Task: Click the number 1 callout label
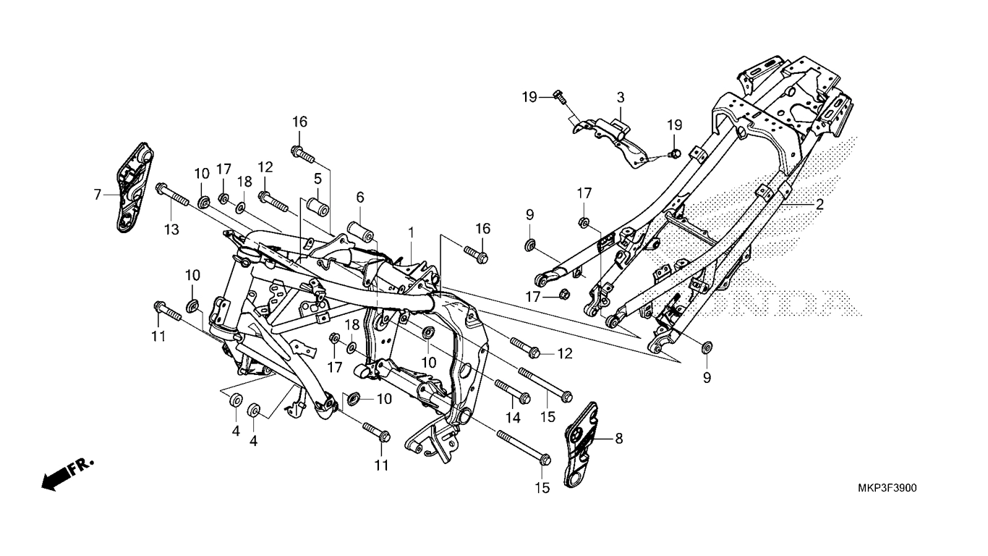click(x=411, y=232)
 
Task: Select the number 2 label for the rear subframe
click(x=819, y=205)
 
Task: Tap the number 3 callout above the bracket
click(x=620, y=97)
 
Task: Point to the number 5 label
click(x=317, y=178)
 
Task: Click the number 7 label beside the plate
click(x=97, y=193)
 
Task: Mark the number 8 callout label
click(x=618, y=438)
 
